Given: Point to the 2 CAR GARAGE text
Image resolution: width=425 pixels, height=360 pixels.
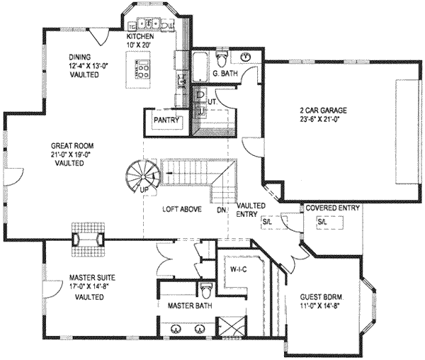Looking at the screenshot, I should click(x=322, y=110).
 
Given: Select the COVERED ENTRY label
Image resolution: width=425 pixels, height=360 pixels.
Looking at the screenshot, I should click(x=333, y=208).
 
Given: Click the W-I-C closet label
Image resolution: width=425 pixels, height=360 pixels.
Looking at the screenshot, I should click(x=238, y=269).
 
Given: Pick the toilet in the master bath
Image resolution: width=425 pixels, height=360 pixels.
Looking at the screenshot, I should click(x=206, y=291).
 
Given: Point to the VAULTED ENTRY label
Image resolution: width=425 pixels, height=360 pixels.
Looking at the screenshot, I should click(x=251, y=210).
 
